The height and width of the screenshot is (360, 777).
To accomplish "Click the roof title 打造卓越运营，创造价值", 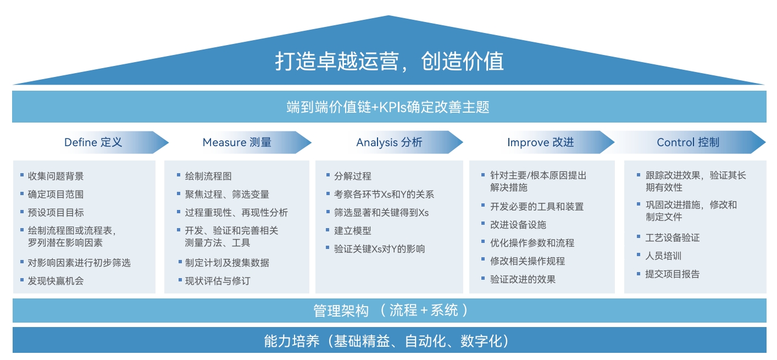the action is point(389,62).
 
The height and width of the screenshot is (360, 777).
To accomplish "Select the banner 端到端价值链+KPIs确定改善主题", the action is point(389,107).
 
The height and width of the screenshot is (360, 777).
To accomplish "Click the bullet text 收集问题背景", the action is point(56,176).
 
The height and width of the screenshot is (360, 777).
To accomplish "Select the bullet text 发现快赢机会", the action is point(56,281).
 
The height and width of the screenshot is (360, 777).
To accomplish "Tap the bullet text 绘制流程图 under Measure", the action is point(208,176).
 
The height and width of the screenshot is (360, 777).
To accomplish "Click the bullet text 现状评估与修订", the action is point(218,281).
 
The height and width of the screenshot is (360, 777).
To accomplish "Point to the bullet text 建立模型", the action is point(352,231).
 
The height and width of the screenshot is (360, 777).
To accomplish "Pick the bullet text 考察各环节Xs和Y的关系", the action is point(384,194).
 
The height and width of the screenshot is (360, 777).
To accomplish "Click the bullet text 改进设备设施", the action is point(518,225).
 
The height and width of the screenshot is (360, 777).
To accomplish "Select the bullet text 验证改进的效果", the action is point(523,279).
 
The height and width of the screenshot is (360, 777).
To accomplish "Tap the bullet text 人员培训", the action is point(663,256).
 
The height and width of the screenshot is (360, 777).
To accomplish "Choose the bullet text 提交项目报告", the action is point(672,274).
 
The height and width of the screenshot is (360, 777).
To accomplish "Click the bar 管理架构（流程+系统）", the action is point(389,311).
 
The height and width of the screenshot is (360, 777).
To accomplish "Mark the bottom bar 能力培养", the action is point(389,340).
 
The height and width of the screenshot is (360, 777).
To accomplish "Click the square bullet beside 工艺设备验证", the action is point(639,236).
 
